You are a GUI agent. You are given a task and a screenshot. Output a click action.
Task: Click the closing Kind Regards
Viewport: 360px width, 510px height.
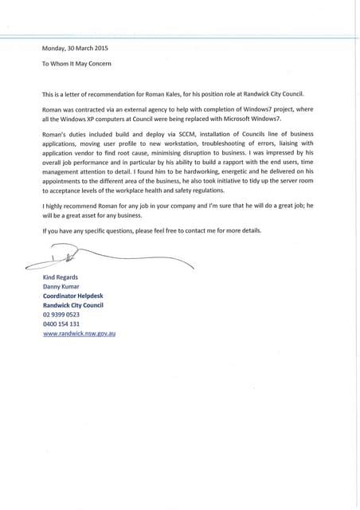coord(61,277)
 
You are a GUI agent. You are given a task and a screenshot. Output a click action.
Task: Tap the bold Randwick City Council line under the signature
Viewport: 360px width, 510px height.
coord(73,305)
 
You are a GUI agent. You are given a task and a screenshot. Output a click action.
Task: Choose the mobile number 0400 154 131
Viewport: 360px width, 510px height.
coord(61,324)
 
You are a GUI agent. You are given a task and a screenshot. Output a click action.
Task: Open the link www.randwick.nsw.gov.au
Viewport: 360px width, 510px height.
coord(80,334)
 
